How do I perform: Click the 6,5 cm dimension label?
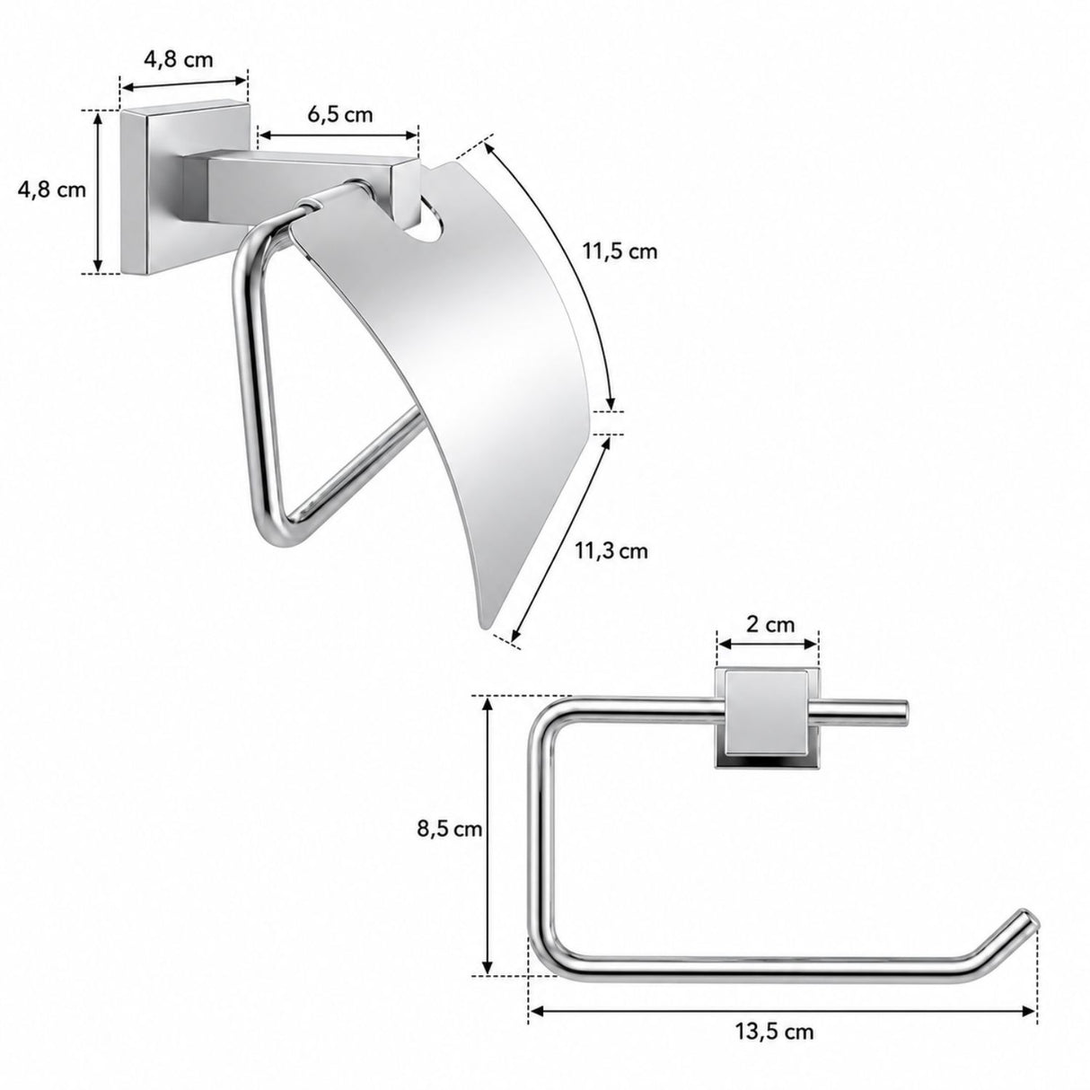[x=340, y=115]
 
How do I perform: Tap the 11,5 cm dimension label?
[x=620, y=251]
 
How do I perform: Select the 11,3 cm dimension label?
[x=611, y=550]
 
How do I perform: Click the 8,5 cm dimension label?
[x=450, y=830]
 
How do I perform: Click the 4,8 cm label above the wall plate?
[x=179, y=59]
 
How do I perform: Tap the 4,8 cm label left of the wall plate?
[x=52, y=189]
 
